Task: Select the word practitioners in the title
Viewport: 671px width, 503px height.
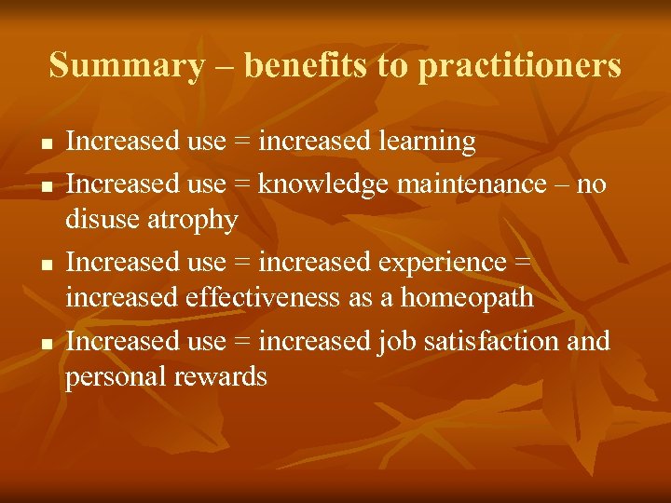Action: click(519, 66)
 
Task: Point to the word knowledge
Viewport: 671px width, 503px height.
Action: click(323, 184)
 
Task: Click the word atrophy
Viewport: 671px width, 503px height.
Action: click(199, 220)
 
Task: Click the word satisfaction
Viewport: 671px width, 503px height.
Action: click(491, 341)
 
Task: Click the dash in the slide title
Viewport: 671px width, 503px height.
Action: click(223, 66)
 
